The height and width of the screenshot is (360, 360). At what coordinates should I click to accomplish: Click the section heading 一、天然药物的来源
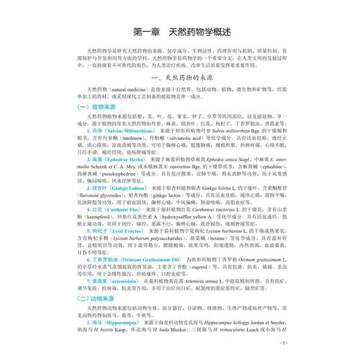point(179,93)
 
